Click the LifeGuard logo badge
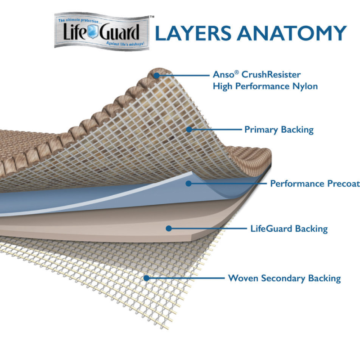coord(102,32)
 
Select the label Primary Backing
coord(279,130)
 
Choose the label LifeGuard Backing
coord(288,229)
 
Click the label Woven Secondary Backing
coord(284,278)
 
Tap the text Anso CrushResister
coord(256,74)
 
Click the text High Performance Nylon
coord(265,86)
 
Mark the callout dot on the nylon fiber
coord(156,75)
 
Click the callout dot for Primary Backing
coord(189,130)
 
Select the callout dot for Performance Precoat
coord(189,183)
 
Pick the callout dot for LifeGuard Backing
coord(168,229)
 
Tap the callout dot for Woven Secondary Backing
coord(146,278)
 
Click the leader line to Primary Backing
coord(216,130)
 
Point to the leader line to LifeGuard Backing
coord(207,229)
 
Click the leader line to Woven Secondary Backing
coord(184,278)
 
